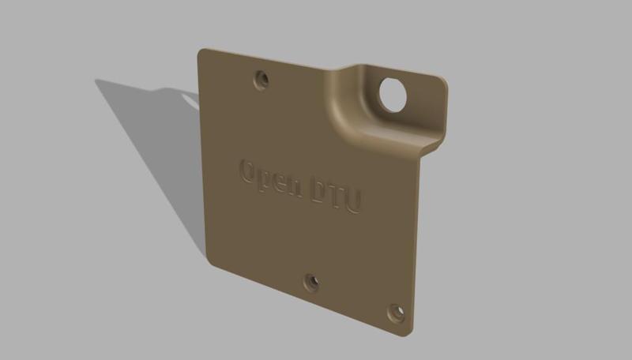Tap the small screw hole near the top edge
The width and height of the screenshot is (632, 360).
pos(261,79)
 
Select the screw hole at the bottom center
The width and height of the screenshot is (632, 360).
pos(312,281)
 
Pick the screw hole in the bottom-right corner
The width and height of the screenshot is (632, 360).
pos(396,314)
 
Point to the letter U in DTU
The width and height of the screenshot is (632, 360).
pos(353,199)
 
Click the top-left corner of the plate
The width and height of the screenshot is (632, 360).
pos(201,53)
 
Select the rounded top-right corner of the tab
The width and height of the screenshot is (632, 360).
pos(442,81)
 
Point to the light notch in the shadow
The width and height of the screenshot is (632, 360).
pos(190,99)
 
